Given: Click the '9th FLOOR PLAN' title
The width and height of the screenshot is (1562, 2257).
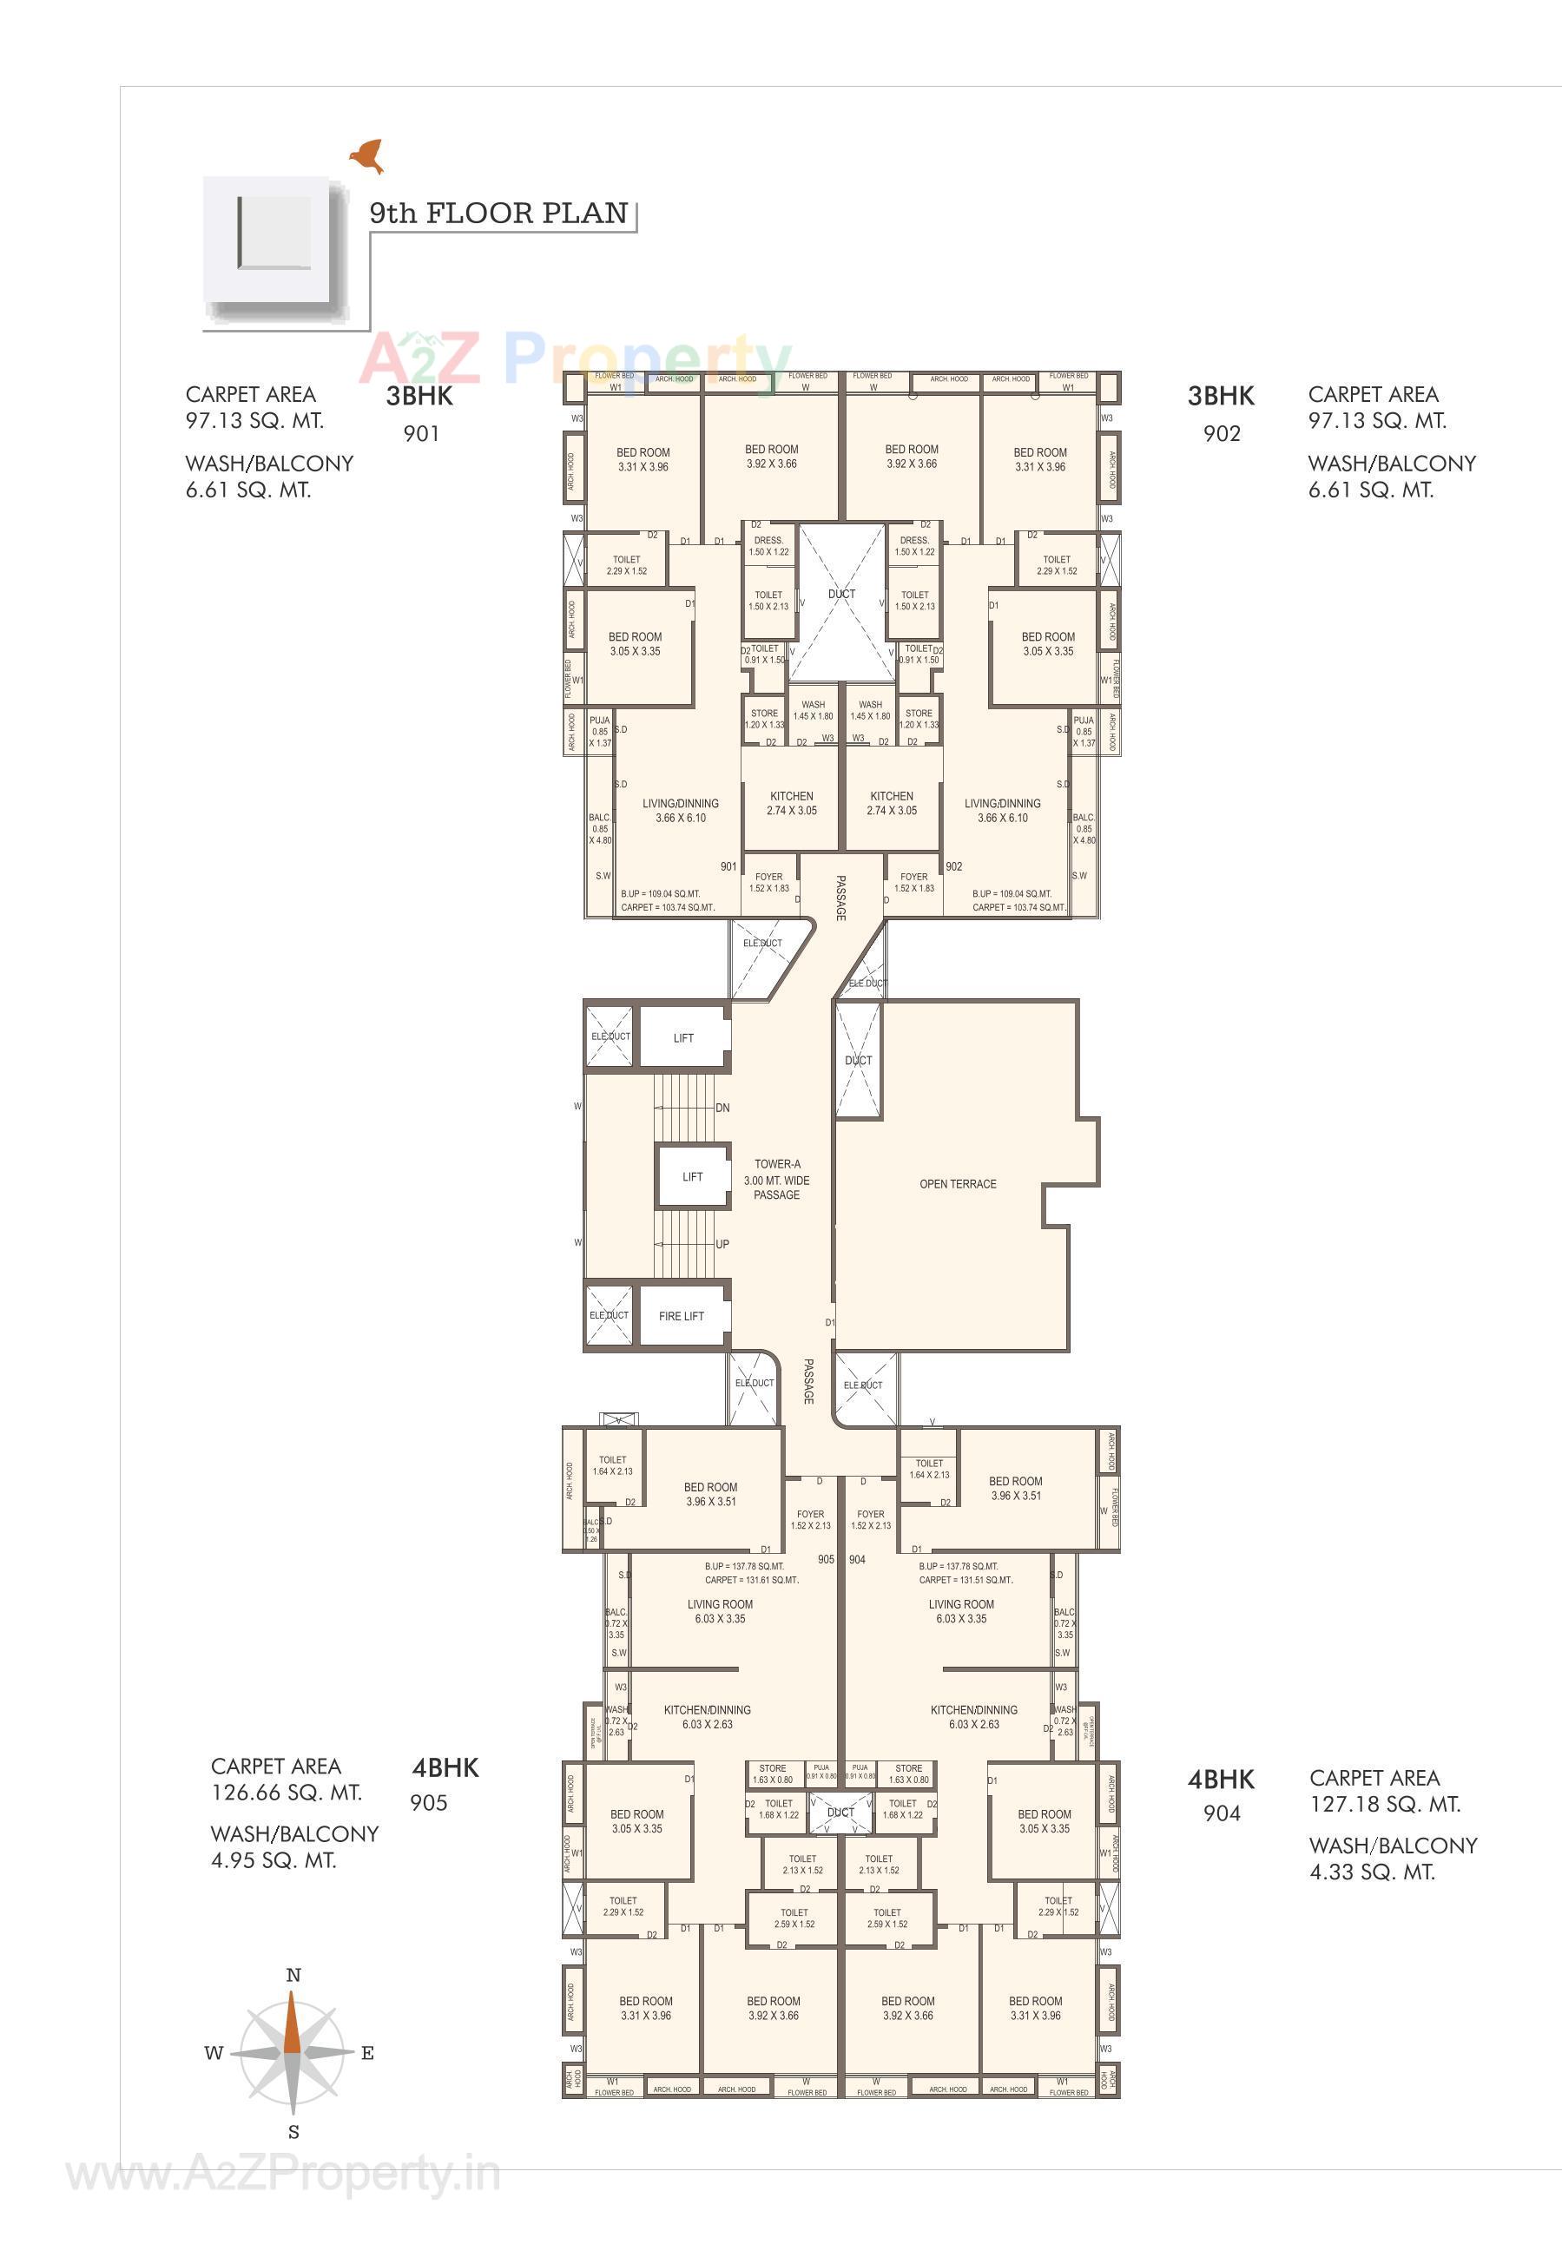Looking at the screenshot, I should tap(498, 214).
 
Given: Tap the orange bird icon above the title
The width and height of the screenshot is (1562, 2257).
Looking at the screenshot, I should tap(368, 155).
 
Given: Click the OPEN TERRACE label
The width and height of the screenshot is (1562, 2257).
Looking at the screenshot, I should tap(957, 1184).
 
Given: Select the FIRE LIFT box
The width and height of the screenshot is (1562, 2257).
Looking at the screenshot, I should tap(682, 1316).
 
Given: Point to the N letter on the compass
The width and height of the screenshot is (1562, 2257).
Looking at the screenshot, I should tap(293, 1975).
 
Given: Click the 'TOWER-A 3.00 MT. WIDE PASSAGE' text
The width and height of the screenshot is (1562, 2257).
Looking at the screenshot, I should tap(776, 1179).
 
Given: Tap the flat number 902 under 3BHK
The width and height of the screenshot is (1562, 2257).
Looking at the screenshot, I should tap(1222, 433).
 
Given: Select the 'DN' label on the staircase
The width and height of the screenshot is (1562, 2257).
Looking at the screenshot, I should tap(722, 1109).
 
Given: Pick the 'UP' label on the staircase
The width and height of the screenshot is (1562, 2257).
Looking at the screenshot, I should tap(722, 1245).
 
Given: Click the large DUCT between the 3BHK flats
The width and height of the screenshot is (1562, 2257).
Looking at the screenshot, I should tap(841, 595).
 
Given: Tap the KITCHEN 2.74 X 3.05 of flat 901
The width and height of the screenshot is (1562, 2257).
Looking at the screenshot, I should tap(791, 803).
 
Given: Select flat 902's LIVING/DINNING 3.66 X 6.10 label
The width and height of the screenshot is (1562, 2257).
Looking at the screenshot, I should tap(1002, 810).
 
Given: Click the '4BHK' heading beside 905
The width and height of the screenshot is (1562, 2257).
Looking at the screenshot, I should tap(445, 1767).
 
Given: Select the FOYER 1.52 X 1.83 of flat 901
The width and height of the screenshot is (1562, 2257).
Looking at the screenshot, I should tap(768, 883).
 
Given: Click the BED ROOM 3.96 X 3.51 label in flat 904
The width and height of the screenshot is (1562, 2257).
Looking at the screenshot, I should tap(1015, 1488).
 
